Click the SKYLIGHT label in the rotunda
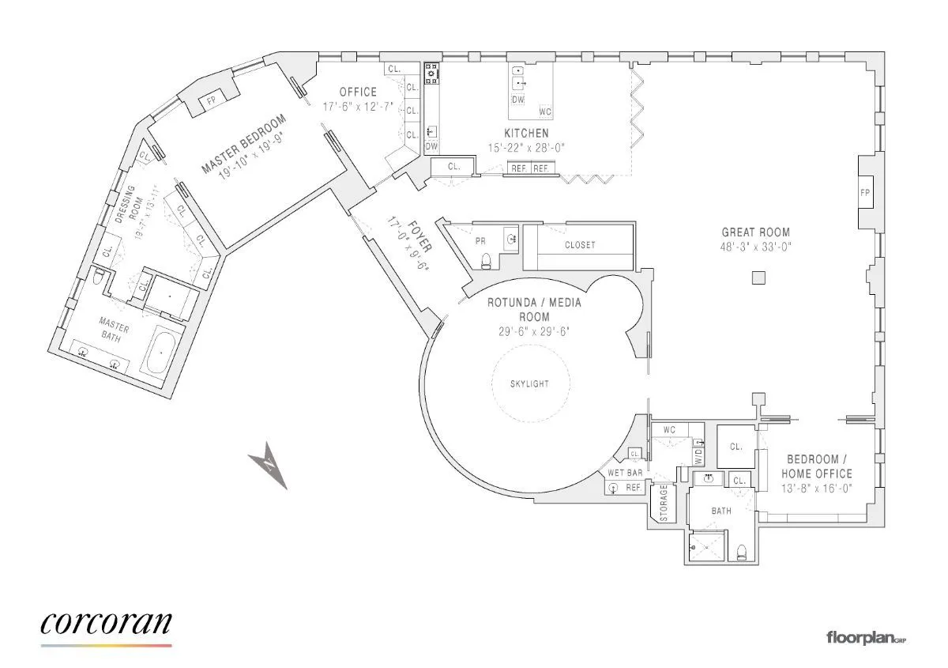coord(529,384)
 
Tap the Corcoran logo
coord(106,624)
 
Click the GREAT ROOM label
coord(755,232)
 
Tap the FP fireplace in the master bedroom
coord(211,101)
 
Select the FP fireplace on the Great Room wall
coord(865,192)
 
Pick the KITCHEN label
coord(526,134)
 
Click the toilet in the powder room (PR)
coord(487,261)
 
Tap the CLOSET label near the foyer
coord(580,245)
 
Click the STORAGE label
coord(664,502)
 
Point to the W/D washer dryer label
coord(698,456)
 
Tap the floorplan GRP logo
coord(866,636)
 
